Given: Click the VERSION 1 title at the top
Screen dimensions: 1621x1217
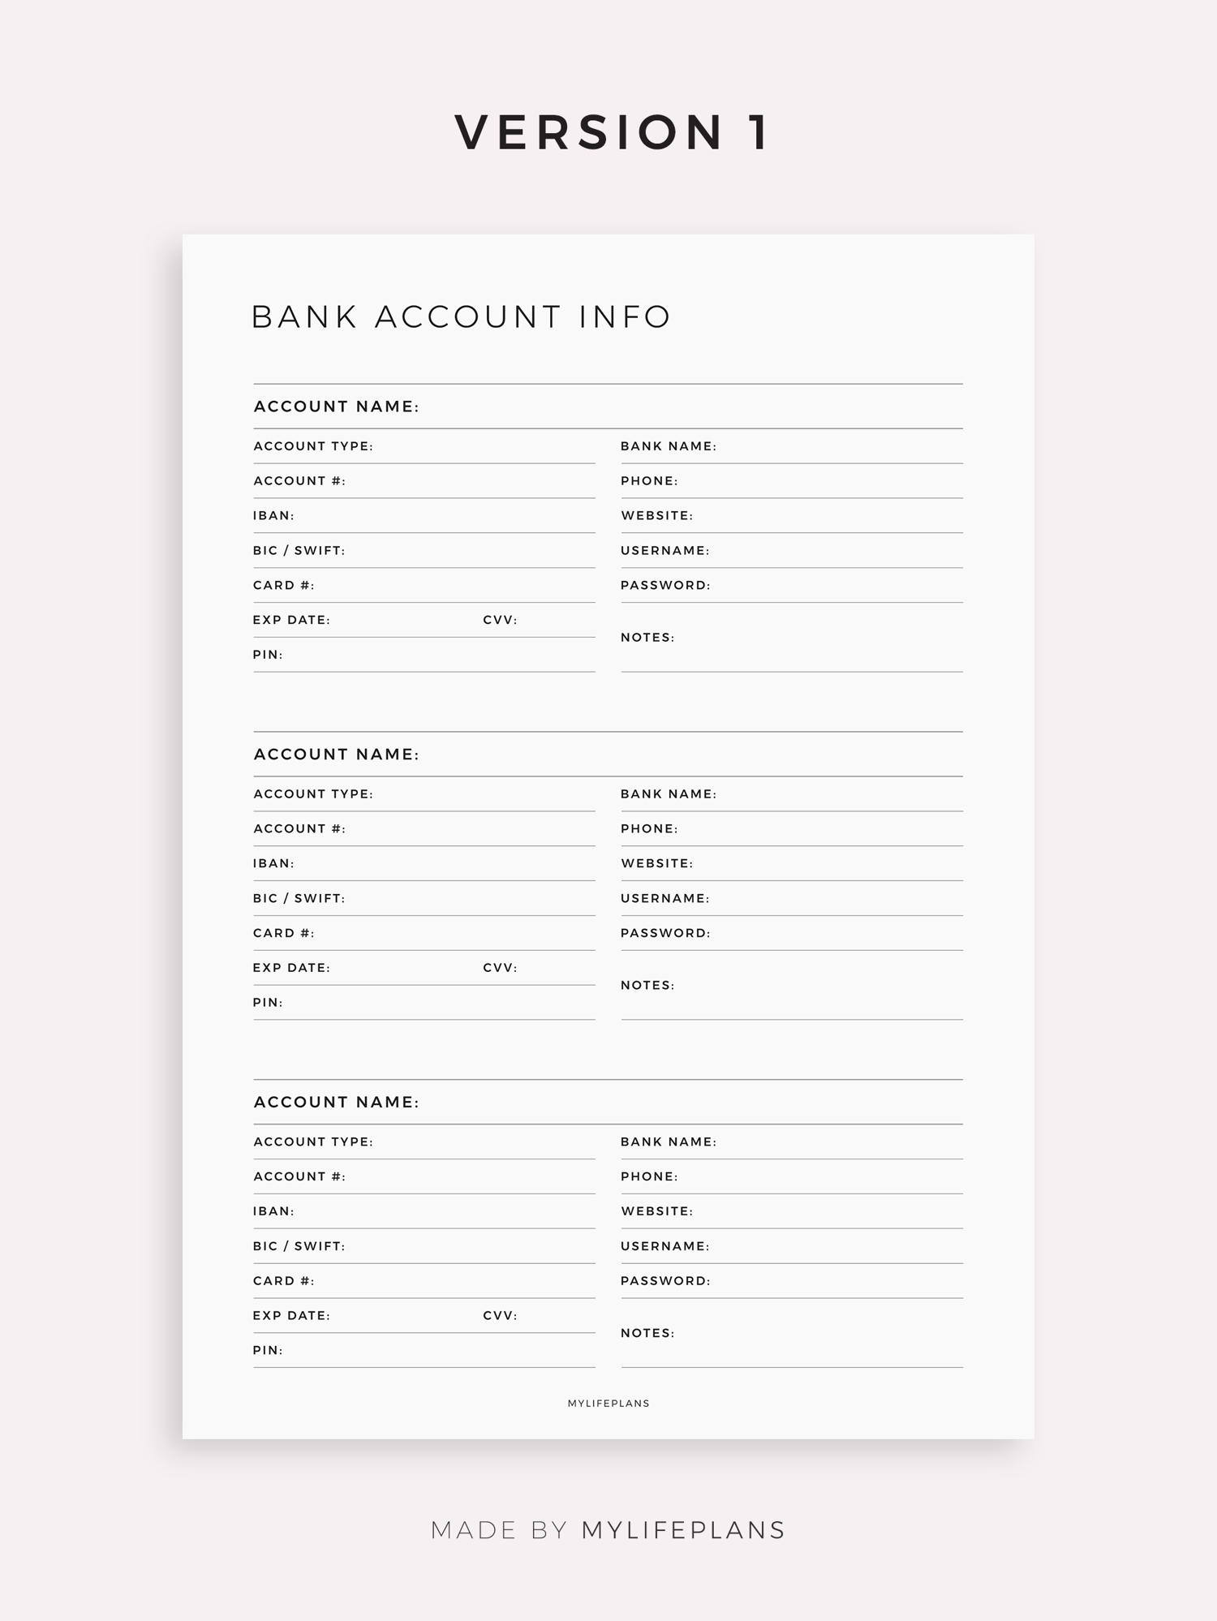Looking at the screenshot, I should (x=613, y=132).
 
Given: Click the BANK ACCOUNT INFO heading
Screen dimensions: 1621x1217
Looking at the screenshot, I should (x=462, y=316).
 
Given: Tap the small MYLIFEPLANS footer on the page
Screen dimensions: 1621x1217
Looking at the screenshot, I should (x=608, y=1404).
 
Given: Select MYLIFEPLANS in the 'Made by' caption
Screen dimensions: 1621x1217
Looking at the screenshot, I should (x=683, y=1530).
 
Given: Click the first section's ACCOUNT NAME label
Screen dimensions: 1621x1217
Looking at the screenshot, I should (x=336, y=406).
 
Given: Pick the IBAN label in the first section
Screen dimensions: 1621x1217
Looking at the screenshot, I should (x=273, y=516).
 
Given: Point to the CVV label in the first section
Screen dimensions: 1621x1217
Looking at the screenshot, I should (x=500, y=620).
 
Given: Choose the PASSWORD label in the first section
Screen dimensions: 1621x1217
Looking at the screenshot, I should (x=665, y=585).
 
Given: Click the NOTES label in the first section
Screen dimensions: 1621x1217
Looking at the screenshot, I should (x=647, y=638).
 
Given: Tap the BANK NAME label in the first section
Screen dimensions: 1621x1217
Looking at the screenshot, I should (x=669, y=446).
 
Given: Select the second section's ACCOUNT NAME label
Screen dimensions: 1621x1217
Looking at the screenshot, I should (x=336, y=755).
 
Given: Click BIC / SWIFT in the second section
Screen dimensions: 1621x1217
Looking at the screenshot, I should (x=299, y=898).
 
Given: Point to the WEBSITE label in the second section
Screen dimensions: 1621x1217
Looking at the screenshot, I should (x=657, y=863).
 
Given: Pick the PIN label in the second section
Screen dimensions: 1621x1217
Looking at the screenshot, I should (x=268, y=1003).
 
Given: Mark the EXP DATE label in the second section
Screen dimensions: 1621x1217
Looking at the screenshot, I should (x=291, y=968).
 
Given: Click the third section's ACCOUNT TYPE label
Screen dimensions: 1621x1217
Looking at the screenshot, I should (x=313, y=1142).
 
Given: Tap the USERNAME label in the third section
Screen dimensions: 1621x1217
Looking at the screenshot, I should (x=665, y=1246).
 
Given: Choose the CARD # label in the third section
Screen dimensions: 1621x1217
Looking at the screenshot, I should (x=283, y=1281).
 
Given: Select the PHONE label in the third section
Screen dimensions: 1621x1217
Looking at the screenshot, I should (x=649, y=1176).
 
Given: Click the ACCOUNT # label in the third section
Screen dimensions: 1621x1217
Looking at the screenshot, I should (x=299, y=1176).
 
